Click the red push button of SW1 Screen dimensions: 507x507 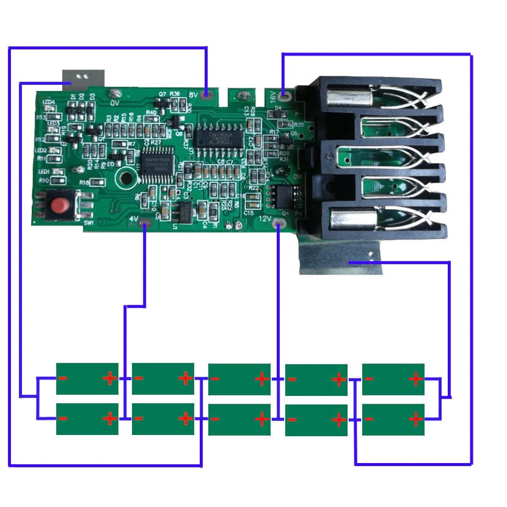pos(59,205)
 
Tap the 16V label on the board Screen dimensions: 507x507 pos(273,95)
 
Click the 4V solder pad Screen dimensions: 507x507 pos(145,226)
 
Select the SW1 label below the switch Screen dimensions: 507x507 pos(89,224)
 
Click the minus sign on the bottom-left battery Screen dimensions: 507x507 pos(63,418)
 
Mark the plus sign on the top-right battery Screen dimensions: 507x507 pos(415,379)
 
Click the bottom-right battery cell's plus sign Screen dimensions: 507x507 pos(415,419)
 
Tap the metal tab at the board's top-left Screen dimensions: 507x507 pos(84,77)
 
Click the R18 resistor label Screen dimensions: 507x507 pos(84,183)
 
